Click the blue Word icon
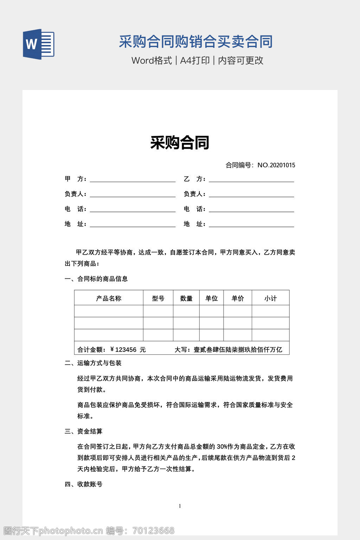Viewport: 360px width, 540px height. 39,44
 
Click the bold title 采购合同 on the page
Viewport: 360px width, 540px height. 180,142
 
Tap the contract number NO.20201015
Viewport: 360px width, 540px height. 276,165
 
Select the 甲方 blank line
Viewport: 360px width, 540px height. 133,179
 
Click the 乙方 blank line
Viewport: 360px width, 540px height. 251,179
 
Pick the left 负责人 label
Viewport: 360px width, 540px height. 75,194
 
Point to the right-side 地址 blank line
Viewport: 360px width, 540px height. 251,224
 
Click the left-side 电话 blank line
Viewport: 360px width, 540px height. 133,209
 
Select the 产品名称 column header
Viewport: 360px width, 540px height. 109,298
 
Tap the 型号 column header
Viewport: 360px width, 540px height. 158,298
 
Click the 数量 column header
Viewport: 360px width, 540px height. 186,298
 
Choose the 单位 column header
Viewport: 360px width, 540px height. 212,298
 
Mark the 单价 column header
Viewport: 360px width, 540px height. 238,298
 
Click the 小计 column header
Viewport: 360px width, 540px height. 271,298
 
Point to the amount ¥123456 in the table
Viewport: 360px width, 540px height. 123,349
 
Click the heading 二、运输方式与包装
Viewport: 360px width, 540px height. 93,363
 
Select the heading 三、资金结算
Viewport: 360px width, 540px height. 84,431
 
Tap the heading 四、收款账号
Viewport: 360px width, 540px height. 84,484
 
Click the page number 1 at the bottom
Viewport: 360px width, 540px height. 180,506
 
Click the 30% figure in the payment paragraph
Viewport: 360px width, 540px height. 222,447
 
